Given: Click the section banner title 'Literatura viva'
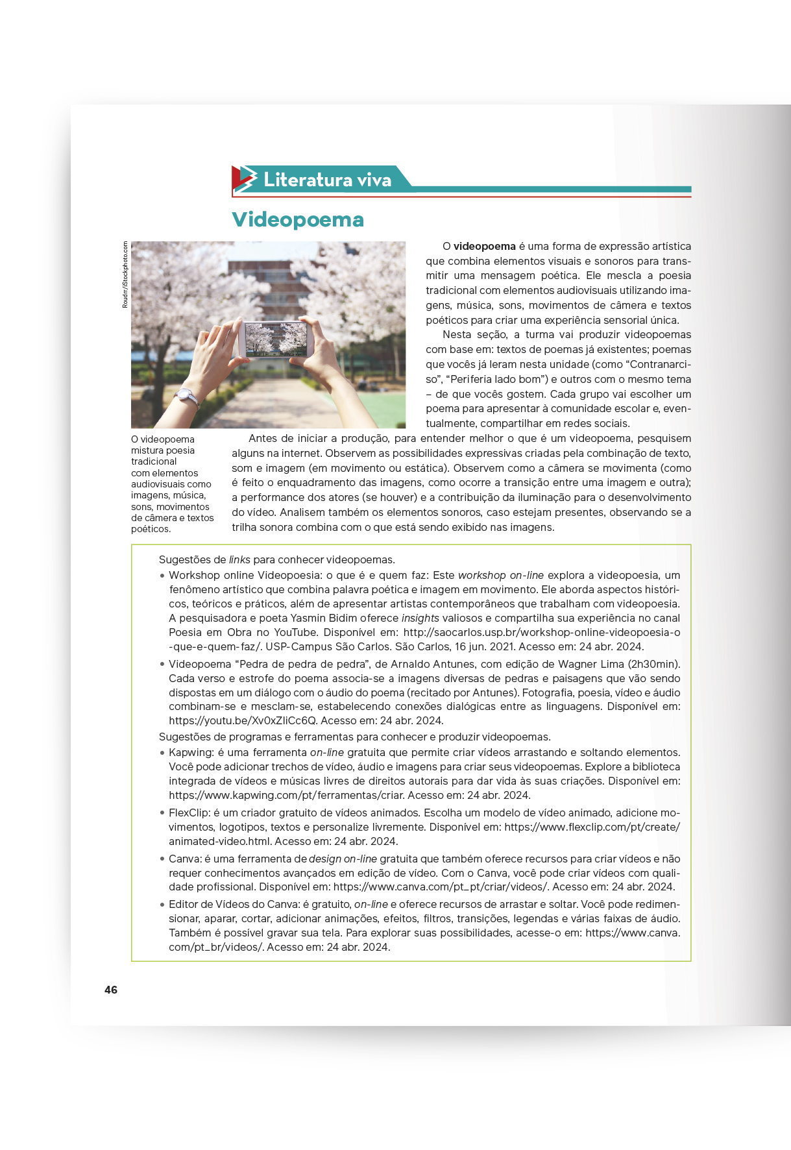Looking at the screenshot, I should pos(327,180).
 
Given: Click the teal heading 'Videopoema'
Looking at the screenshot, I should pos(298,219).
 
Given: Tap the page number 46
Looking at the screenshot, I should pos(111,990).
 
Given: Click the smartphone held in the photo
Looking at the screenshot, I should pos(275,339).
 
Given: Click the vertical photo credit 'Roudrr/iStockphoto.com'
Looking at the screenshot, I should pos(125,275).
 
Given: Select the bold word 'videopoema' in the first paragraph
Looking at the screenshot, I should pos(484,247).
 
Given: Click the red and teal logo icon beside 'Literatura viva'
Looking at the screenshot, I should pos(245,179).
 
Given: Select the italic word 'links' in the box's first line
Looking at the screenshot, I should pos(239,560).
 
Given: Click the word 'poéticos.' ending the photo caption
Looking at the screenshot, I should pos(151,530).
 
